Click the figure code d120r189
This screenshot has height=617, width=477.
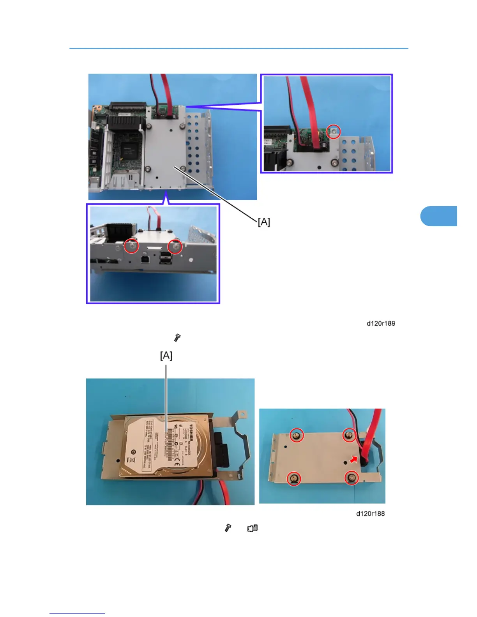tap(381, 323)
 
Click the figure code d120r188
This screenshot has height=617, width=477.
tap(370, 513)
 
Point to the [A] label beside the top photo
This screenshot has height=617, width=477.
tap(264, 222)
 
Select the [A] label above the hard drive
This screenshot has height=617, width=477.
tap(166, 356)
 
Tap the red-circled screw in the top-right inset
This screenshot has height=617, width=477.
tap(334, 132)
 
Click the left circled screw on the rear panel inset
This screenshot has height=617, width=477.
tap(132, 246)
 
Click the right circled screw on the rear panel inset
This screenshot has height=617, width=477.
tap(175, 246)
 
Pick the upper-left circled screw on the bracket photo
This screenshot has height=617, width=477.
tap(297, 435)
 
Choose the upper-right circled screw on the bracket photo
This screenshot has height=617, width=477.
tap(350, 435)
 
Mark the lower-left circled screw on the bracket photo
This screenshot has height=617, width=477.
tap(294, 478)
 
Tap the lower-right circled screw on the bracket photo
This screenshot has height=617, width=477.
tap(352, 478)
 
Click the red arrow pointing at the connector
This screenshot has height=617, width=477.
tap(353, 460)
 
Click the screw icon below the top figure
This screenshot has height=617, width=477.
tap(177, 338)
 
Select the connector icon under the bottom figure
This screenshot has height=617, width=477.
tap(253, 528)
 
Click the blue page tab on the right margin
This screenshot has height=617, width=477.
tap(439, 216)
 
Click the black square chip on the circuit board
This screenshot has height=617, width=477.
tap(128, 150)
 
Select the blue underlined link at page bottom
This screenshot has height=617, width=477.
tap(77, 613)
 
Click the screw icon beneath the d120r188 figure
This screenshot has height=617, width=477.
tap(228, 528)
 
